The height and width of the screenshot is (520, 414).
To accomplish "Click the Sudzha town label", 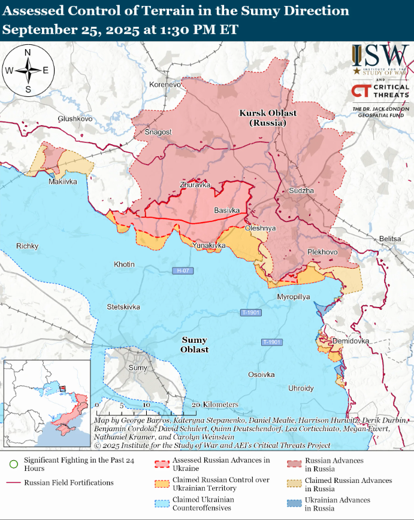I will coord(301,190).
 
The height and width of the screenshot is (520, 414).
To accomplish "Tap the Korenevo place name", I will coord(165,84).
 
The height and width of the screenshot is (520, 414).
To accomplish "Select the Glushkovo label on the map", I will coord(75,119).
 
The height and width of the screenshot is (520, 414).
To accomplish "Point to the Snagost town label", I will coord(158,132).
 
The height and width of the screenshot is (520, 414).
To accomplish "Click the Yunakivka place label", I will coord(209,245).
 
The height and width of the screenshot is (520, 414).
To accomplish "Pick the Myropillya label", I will coord(294,297).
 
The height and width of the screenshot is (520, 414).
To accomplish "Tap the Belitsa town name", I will coord(390,239).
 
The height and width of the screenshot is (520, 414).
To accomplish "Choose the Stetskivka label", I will coord(123,307).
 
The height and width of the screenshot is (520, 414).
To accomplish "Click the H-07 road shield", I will coord(183,270).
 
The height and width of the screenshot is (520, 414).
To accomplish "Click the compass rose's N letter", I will coord(28,52).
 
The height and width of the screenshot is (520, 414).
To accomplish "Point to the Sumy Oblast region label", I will coord(195,345).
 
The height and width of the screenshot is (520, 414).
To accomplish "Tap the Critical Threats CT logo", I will coord(361,91).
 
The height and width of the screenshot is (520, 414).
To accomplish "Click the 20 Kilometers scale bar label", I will coord(215,405).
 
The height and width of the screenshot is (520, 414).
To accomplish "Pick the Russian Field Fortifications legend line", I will coord(13,482).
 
